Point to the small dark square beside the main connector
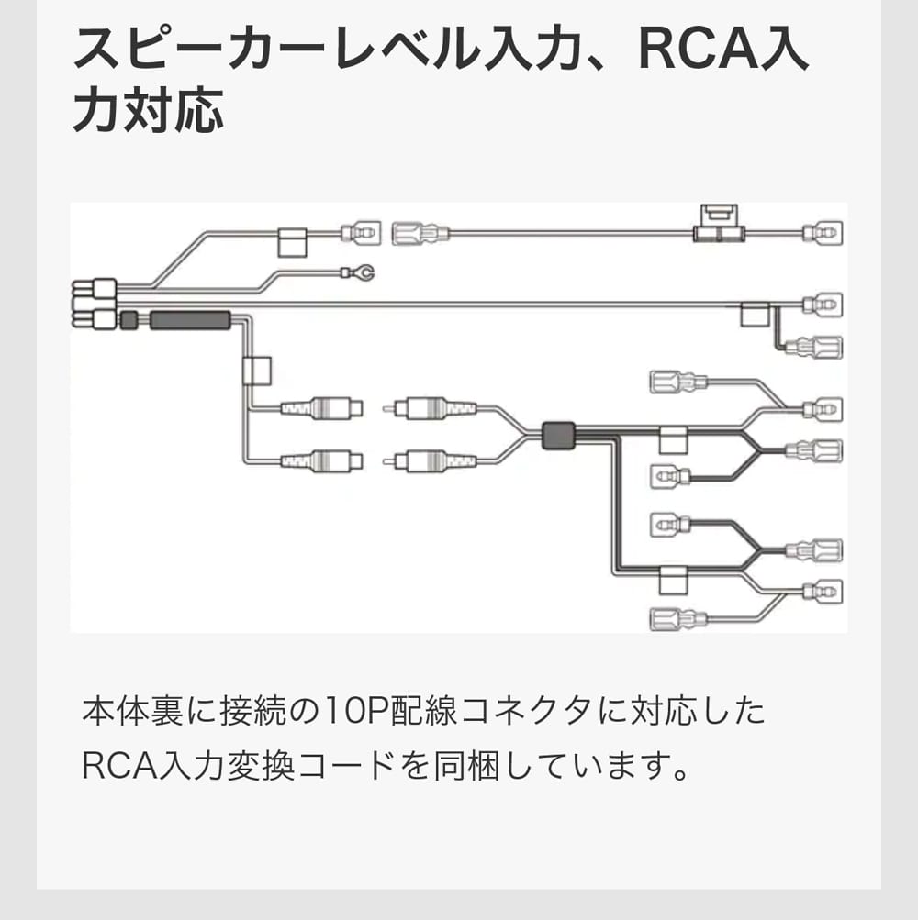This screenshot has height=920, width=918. tap(129, 320)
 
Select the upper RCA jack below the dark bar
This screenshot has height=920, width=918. tap(320, 408)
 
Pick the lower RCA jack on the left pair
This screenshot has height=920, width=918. tap(320, 460)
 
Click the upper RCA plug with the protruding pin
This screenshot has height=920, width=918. tap(431, 408)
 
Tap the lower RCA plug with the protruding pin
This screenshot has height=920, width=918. tap(431, 460)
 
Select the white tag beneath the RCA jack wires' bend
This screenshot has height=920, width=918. tap(256, 371)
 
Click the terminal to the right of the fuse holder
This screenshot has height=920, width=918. tap(823, 233)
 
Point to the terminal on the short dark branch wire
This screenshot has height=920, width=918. tap(820, 349)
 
